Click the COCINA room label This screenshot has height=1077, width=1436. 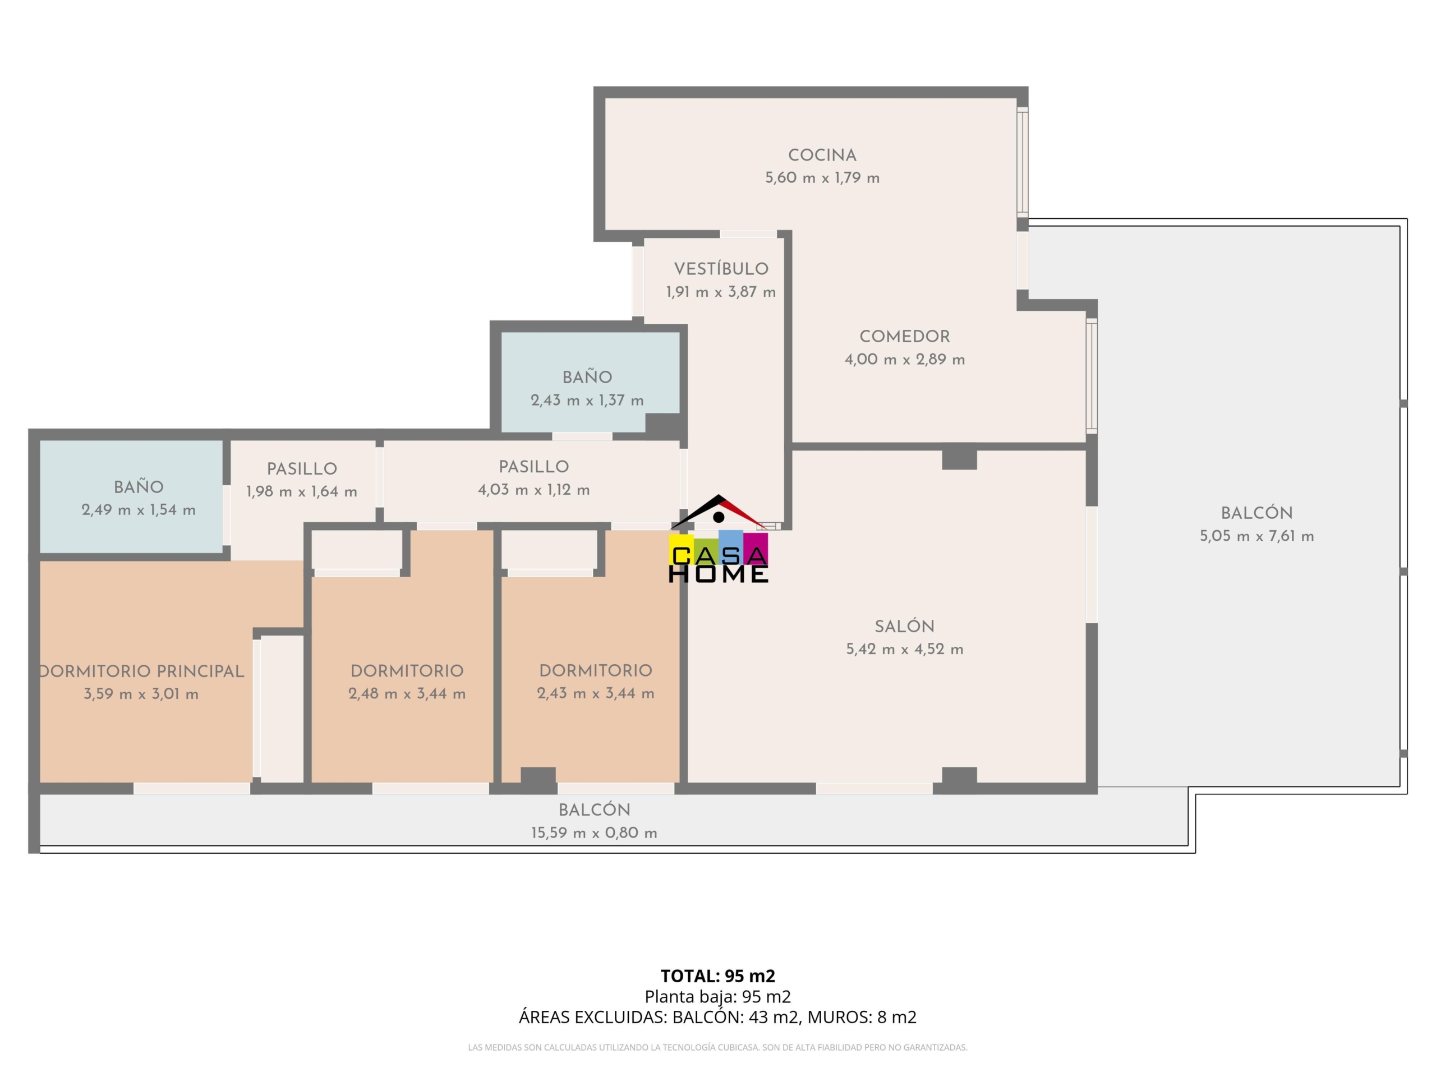(x=822, y=155)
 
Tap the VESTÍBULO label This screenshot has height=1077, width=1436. (x=721, y=269)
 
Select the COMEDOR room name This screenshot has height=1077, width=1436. (x=904, y=336)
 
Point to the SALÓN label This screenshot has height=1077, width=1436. (x=904, y=627)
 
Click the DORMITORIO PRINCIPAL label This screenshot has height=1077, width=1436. (x=142, y=671)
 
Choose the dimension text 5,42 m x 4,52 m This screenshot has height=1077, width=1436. (x=904, y=649)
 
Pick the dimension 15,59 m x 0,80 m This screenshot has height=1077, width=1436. (x=594, y=833)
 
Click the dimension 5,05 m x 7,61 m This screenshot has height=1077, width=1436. (x=1257, y=536)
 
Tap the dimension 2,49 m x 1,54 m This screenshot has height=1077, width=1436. (x=139, y=510)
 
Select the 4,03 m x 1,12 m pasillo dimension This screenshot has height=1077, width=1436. (x=533, y=490)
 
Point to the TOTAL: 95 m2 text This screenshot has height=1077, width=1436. (x=717, y=975)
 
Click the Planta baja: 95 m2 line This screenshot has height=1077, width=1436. (x=717, y=996)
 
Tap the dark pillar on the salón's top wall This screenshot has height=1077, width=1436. (x=960, y=458)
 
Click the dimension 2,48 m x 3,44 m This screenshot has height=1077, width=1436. (x=407, y=694)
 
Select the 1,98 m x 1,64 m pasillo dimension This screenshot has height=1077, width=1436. (x=302, y=492)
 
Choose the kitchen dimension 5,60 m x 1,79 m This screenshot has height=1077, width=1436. (x=822, y=178)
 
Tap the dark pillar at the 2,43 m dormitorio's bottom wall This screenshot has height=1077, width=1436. (x=538, y=780)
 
